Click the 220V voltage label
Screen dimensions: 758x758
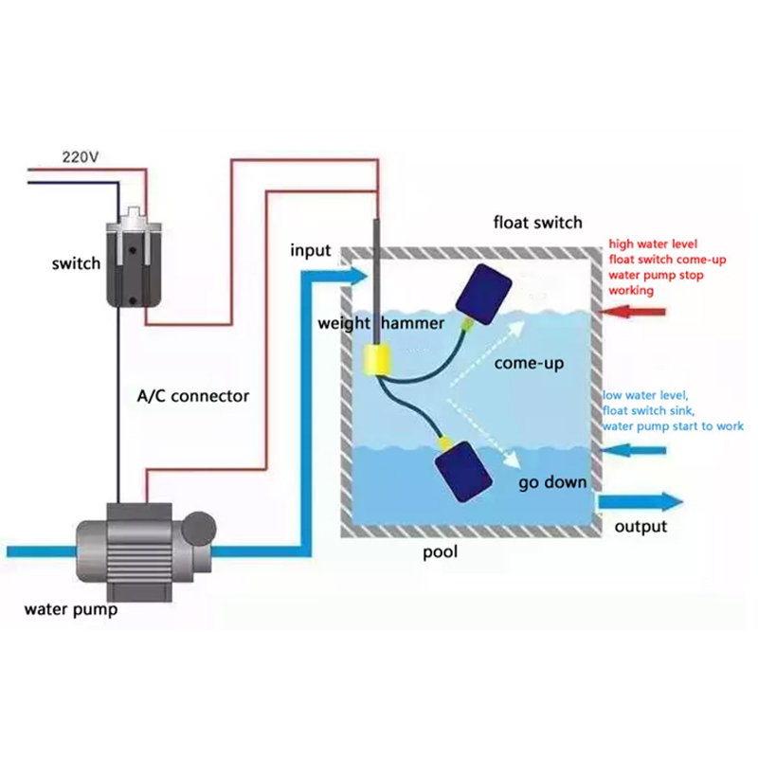[81, 157]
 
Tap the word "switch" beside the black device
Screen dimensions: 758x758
[77, 263]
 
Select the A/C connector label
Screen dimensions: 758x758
[193, 396]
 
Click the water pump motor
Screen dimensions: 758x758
[146, 551]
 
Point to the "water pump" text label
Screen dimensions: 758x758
[71, 609]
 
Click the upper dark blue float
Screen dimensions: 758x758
[484, 294]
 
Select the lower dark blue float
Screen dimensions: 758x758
[463, 471]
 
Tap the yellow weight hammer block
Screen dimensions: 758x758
[377, 360]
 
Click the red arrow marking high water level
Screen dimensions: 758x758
[633, 312]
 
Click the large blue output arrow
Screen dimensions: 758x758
[641, 502]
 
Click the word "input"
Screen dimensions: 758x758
[311, 251]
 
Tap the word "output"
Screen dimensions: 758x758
[641, 527]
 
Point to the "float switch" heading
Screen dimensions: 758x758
[537, 223]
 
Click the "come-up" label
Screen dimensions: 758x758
[529, 363]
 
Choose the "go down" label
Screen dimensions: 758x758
[552, 482]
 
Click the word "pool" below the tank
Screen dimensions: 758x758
[440, 552]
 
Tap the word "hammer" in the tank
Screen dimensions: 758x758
[412, 323]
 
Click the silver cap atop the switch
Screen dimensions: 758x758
[133, 222]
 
